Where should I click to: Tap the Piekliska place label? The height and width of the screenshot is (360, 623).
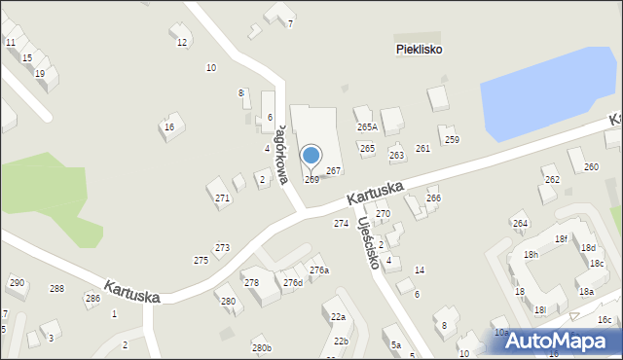pos(420,50)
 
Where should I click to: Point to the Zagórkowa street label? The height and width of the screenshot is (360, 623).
pos(280,154)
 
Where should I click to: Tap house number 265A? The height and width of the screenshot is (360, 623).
pos(367,127)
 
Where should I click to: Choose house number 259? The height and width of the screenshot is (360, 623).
pos(452,140)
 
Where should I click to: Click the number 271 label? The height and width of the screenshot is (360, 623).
pos(223,198)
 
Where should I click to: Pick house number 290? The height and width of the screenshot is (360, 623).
pos(17,283)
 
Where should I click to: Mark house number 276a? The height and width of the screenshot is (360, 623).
pos(319,270)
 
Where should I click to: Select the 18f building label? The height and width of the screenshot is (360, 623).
pos(561,239)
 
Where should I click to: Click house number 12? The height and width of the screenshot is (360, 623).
pos(182,42)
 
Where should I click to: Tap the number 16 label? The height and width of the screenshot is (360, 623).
pos(169,126)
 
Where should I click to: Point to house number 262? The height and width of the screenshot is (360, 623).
pos(552,180)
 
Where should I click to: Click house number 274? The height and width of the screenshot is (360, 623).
pos(341,224)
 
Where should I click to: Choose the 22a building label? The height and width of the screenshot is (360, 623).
pos(338,317)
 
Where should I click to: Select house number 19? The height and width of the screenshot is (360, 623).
pos(40,74)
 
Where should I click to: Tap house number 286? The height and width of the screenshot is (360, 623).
pos(92,298)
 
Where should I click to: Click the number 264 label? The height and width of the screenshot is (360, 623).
pos(520,224)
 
